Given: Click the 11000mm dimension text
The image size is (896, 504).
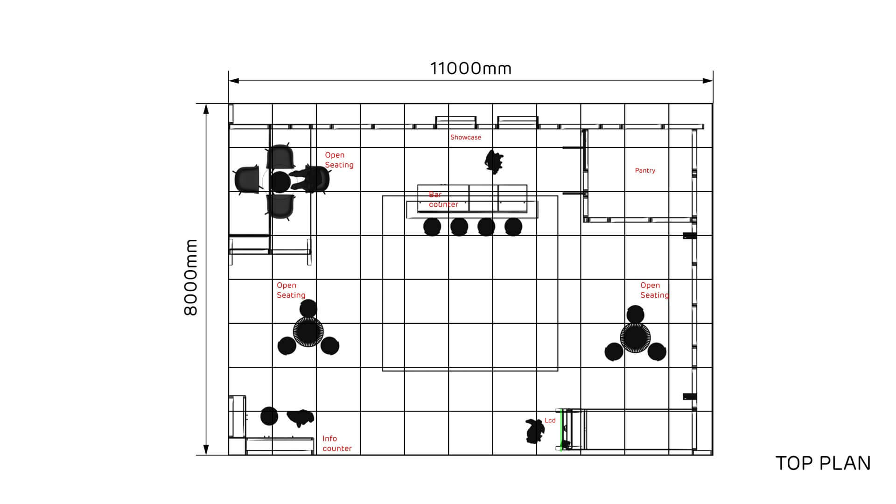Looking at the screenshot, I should tap(470, 69).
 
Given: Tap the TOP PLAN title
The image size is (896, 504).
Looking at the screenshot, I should tap(823, 463).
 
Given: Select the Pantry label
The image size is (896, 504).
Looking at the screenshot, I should tap(645, 171).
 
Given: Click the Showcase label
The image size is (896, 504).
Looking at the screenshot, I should tap(465, 137).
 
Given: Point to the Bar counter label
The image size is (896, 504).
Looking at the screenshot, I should tap(443, 200).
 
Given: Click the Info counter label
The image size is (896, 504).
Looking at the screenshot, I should tap(336, 443).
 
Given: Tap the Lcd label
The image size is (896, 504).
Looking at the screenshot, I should tap(550, 420).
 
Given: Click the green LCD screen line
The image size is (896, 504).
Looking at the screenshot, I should tap(561, 430).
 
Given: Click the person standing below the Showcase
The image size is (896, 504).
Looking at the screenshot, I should tap(494, 161).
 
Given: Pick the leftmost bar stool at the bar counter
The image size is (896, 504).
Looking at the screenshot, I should tap(432, 227).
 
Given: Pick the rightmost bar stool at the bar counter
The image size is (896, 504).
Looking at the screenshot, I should tap(513, 227).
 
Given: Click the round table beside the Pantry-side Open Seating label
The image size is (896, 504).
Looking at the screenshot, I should tap(635, 337).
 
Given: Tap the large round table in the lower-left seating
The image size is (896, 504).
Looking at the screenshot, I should tap(308, 332).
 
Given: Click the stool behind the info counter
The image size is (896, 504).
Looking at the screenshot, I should tap(269, 416).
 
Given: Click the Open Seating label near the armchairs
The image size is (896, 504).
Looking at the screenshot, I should tap(339, 160).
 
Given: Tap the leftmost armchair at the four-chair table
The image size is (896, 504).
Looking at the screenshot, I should tap(247, 180).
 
